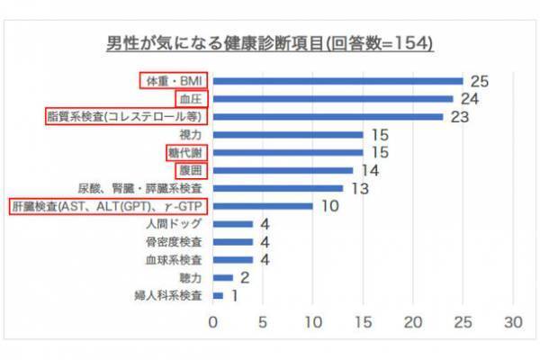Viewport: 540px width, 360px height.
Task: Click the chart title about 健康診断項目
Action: (x=270, y=43)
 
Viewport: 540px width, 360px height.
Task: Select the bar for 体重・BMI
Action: (x=337, y=81)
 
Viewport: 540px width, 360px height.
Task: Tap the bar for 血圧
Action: (x=333, y=99)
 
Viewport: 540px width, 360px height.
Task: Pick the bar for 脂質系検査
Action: (x=328, y=116)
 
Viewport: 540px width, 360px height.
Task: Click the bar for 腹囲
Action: (x=283, y=170)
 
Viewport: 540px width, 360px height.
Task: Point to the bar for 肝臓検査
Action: (x=263, y=205)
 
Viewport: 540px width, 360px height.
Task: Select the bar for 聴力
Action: (x=223, y=277)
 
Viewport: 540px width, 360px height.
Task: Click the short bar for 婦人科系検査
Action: (x=218, y=295)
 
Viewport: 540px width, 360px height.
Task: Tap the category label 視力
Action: (x=193, y=135)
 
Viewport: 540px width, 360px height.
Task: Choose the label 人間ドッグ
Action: (x=181, y=223)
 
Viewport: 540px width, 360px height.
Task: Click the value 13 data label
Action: (x=359, y=189)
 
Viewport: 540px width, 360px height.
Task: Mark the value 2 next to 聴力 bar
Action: (x=244, y=278)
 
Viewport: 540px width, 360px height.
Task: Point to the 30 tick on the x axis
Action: (x=513, y=322)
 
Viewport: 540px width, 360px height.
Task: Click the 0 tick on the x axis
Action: (x=213, y=322)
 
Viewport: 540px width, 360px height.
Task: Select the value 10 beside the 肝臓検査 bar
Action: (x=328, y=206)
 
